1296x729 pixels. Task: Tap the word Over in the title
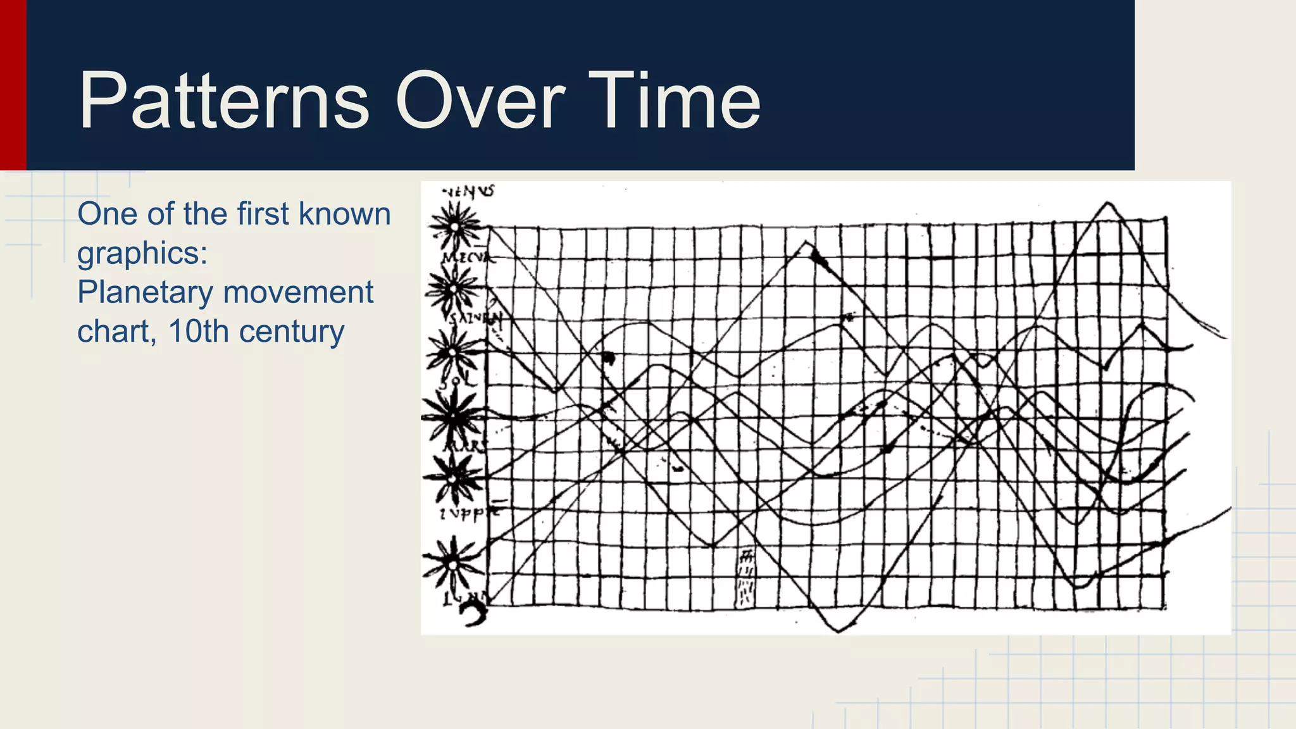[480, 101]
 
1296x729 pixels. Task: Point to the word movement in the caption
[298, 292]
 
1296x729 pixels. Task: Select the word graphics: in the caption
[142, 254]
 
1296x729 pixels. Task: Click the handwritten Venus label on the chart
[468, 190]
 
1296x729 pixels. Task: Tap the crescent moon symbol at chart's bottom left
[474, 613]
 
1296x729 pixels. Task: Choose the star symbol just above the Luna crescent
[452, 563]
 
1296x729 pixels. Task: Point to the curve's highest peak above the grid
[1107, 203]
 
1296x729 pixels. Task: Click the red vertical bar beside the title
[13, 85]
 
